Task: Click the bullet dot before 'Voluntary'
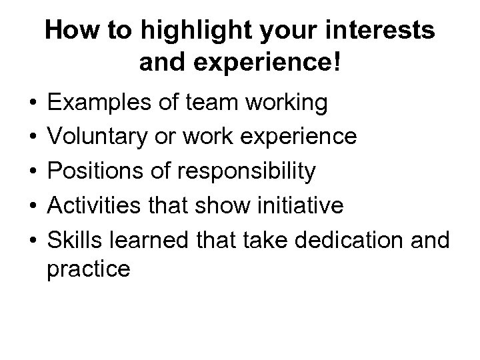pyautogui.click(x=33, y=138)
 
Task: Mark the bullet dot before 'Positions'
pyautogui.click(x=33, y=173)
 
